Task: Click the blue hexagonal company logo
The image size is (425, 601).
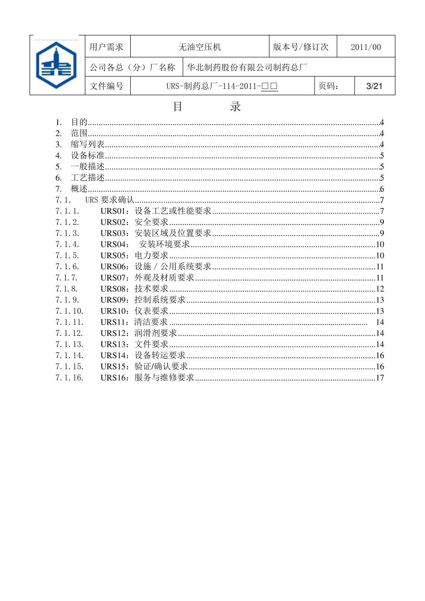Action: click(56, 65)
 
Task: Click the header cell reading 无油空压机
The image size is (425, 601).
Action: click(200, 47)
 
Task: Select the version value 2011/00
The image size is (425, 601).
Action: click(365, 47)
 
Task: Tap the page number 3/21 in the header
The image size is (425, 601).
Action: click(374, 86)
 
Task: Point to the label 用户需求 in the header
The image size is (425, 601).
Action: click(106, 47)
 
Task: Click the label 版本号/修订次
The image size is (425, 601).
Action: click(301, 47)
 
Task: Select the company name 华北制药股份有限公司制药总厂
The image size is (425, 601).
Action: click(247, 68)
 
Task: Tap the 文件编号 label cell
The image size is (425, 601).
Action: click(106, 86)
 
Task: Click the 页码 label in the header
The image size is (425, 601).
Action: click(329, 86)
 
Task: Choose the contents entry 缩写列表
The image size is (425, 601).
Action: click(88, 144)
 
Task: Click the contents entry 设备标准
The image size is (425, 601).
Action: click(88, 156)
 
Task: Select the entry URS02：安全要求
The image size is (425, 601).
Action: click(134, 222)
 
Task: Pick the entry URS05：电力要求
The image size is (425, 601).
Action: click(134, 255)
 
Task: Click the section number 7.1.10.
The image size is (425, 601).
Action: click(69, 311)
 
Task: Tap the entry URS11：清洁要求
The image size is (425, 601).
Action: click(134, 322)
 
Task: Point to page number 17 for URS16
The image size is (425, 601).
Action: click(380, 378)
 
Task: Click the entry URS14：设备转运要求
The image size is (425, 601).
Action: click(143, 356)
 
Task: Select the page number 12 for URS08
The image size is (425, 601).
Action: click(380, 289)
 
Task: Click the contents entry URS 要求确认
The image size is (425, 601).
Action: click(110, 200)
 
